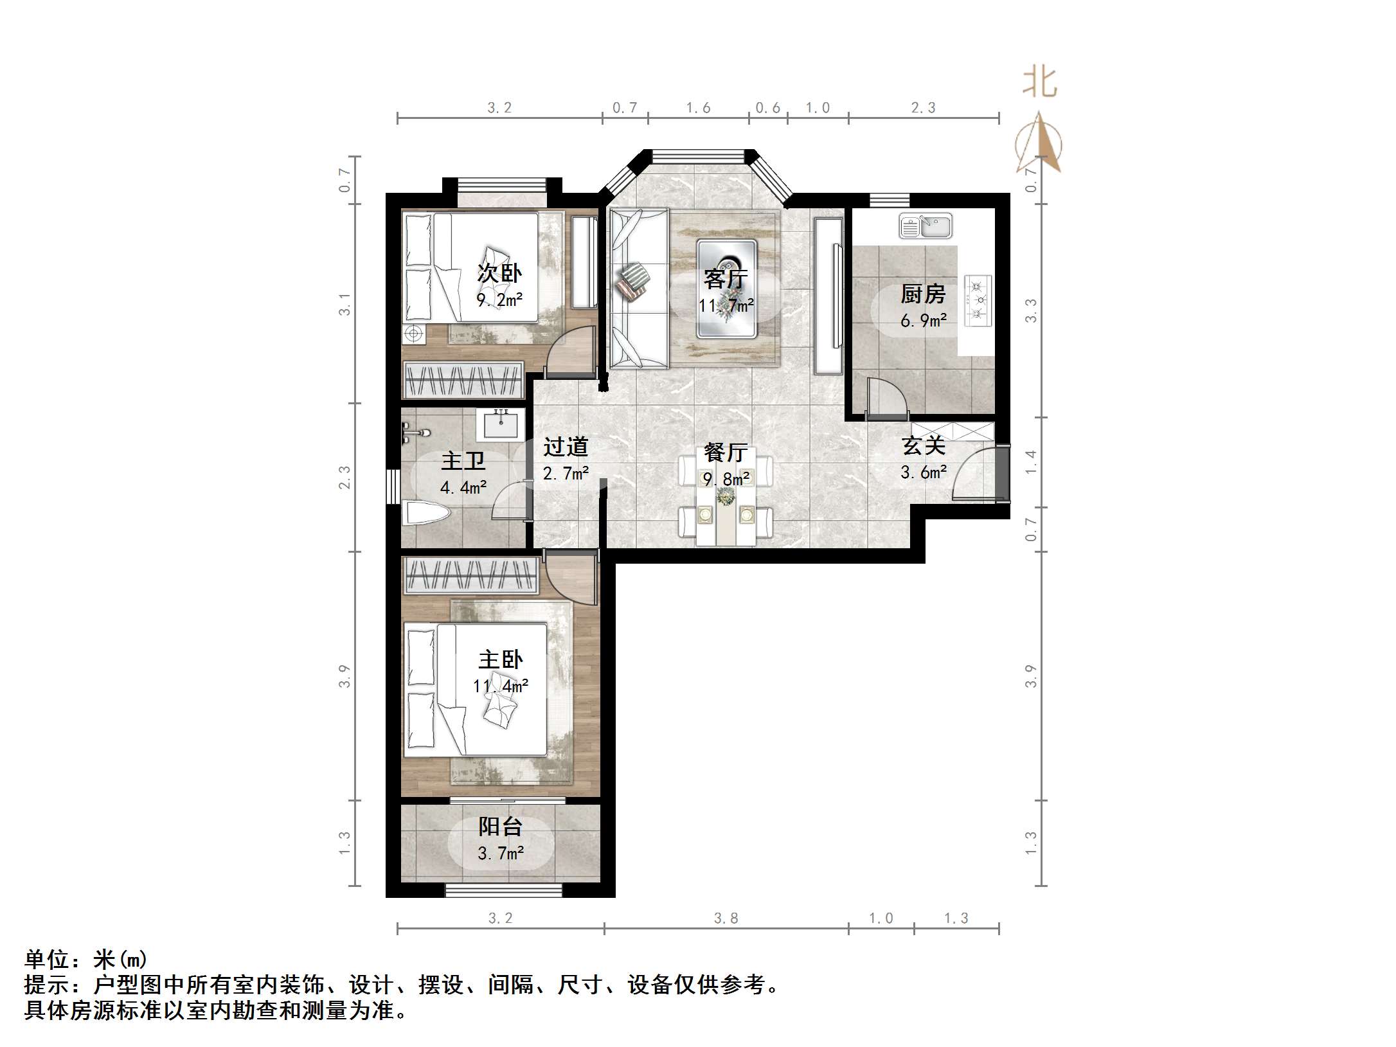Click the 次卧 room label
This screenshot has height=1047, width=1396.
point(499,273)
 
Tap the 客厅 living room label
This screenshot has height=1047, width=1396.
point(725,278)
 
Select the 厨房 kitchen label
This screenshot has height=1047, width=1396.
point(923,294)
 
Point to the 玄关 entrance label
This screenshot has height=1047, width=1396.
point(923,445)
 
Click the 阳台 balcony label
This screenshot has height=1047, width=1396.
point(500,827)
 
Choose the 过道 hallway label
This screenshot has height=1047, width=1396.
point(566,447)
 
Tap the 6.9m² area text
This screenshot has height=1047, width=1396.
point(923,320)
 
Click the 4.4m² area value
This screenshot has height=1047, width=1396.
point(463,487)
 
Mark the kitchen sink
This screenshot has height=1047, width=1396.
point(926,226)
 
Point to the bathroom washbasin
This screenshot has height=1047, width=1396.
point(499,425)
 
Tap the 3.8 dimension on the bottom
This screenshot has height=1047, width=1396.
point(726,918)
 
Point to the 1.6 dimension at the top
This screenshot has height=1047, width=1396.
point(698,108)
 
